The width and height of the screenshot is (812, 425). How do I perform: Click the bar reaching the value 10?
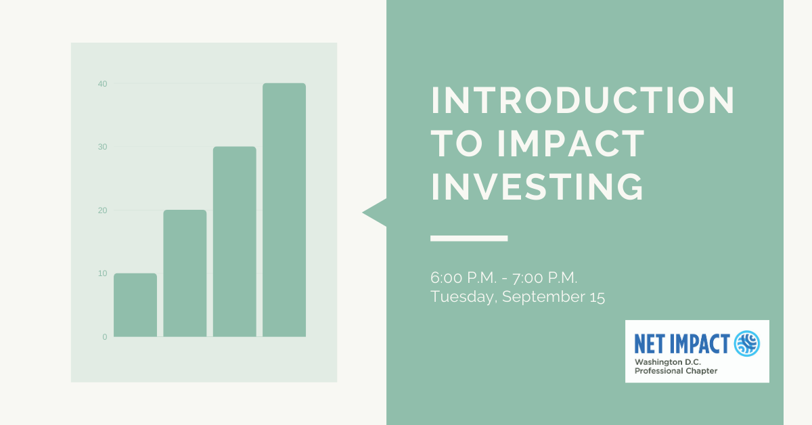[135, 305]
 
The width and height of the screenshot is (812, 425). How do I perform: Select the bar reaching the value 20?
[185, 273]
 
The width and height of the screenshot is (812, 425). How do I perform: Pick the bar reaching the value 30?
[234, 242]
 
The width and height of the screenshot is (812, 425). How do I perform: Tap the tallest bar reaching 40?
[284, 210]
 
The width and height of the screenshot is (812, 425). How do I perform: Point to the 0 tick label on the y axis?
[104, 337]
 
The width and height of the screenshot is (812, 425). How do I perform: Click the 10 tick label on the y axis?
[102, 273]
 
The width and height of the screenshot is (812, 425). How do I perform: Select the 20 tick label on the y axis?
[102, 210]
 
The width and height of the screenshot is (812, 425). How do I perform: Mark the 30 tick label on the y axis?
[102, 147]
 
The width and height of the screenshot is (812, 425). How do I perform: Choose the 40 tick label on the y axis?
[102, 84]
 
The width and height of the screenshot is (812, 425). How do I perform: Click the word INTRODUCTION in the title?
[583, 101]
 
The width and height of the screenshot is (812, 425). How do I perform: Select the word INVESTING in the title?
[537, 186]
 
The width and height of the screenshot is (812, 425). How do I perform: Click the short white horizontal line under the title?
[469, 238]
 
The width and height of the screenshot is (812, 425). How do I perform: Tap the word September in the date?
[541, 297]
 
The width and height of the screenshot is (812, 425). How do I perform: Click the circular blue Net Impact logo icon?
[747, 343]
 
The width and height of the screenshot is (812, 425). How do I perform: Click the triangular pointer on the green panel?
[376, 212]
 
